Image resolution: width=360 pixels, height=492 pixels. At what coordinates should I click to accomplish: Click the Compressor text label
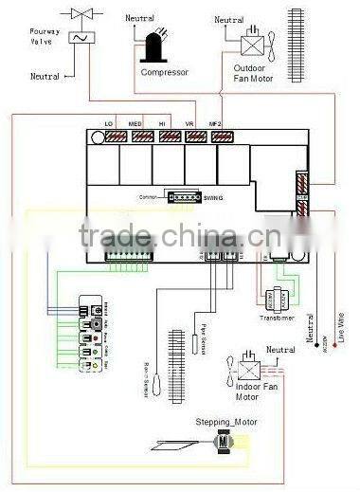click(x=165, y=72)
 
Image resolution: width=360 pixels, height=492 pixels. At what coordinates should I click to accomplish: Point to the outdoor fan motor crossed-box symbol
click(x=253, y=43)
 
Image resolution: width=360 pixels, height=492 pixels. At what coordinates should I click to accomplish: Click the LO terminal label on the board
click(x=108, y=125)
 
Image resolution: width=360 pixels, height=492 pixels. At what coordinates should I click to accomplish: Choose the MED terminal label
click(x=135, y=125)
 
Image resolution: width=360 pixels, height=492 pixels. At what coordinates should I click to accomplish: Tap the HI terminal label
click(x=163, y=125)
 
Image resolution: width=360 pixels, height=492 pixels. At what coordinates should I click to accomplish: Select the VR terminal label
click(x=189, y=125)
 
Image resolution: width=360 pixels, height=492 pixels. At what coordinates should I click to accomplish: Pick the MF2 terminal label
click(x=216, y=125)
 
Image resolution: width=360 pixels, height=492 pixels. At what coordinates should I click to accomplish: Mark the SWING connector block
click(x=182, y=197)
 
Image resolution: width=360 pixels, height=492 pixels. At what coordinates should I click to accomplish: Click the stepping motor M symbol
click(x=224, y=443)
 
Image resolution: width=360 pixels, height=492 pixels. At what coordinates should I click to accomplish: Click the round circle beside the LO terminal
click(x=98, y=137)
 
